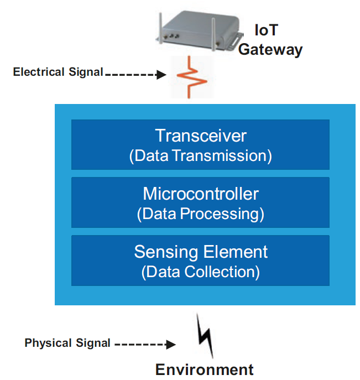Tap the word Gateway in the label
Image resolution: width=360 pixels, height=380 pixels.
tap(270, 49)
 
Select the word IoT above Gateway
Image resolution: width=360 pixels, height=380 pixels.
tap(265, 30)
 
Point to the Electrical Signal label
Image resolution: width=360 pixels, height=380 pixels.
tap(58, 72)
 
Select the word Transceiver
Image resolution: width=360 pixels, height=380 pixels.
tap(201, 136)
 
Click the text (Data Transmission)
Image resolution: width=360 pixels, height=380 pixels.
tap(201, 155)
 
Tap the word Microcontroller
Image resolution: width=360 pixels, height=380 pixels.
tap(201, 194)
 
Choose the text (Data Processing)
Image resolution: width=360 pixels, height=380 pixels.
tap(201, 214)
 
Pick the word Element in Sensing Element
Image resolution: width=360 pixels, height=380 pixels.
tap(236, 252)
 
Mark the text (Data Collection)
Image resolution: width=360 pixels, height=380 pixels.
tap(201, 272)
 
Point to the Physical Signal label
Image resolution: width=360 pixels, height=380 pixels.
tap(67, 343)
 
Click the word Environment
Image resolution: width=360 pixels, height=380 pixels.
tap(204, 369)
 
